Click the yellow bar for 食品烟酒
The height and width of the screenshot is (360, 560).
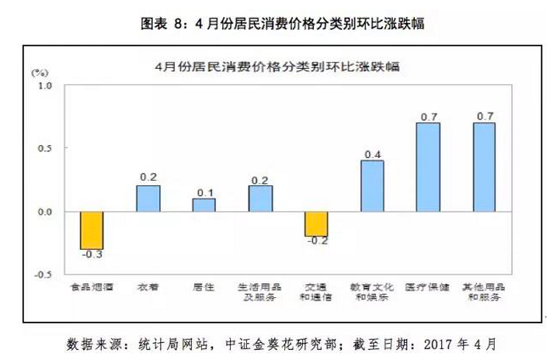(91, 230)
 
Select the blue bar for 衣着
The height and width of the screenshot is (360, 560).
(148, 198)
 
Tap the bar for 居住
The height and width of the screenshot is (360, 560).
(204, 205)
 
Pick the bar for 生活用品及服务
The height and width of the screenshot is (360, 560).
(260, 198)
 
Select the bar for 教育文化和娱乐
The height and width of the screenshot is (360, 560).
(372, 185)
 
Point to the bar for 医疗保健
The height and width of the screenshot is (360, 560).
(428, 167)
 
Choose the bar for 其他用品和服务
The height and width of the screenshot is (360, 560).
(484, 167)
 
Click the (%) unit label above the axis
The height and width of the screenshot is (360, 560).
(39, 70)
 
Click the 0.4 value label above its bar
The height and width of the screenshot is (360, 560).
(372, 155)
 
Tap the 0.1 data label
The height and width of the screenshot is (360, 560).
(204, 193)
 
